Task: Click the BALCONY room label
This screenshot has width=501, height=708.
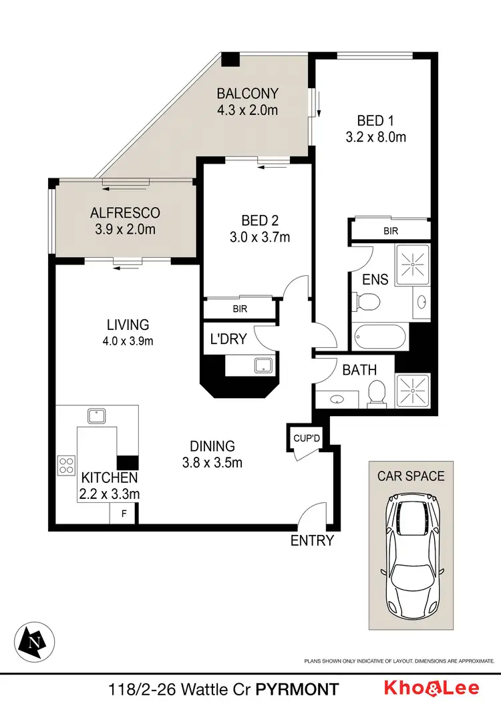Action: [x=247, y=94]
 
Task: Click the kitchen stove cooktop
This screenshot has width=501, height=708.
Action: [x=67, y=464]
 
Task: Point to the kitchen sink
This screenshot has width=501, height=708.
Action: [x=97, y=415]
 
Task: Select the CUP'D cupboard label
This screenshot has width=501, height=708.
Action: [x=307, y=438]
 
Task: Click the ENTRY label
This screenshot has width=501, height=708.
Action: [x=311, y=540]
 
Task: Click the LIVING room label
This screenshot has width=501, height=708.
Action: [x=127, y=325]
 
